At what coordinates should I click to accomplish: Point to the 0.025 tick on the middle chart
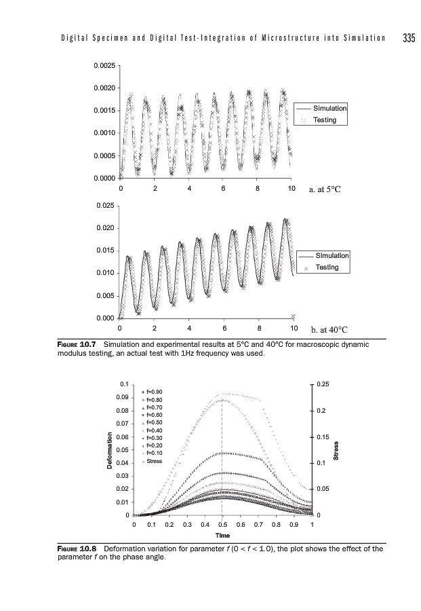[106, 205]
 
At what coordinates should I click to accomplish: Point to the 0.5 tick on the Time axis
[222, 525]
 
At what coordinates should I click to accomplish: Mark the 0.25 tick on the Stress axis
[323, 384]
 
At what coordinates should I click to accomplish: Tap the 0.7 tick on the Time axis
[258, 525]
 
